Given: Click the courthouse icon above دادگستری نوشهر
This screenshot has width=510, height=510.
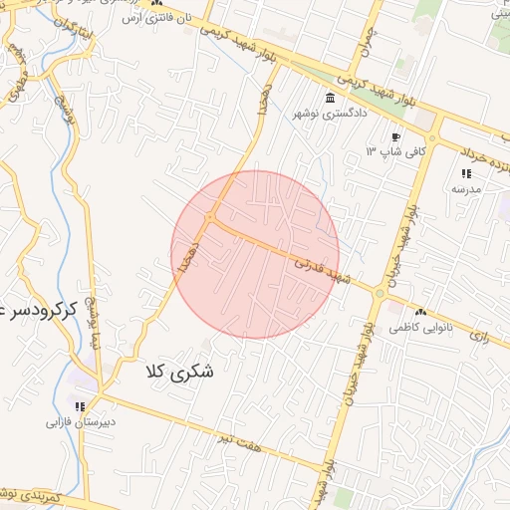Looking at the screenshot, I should pyautogui.click(x=330, y=97).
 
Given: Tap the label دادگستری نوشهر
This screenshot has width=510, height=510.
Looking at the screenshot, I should pyautogui.click(x=329, y=114).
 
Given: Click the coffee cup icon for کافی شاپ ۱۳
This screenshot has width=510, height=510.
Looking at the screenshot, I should pyautogui.click(x=396, y=136).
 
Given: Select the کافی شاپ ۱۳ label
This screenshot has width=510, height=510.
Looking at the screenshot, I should pyautogui.click(x=395, y=151).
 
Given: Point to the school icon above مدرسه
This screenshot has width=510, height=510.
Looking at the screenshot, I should pyautogui.click(x=466, y=173).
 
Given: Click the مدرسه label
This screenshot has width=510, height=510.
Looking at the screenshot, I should pyautogui.click(x=466, y=188).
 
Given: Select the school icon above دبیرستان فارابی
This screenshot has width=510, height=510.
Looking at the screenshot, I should pyautogui.click(x=79, y=405).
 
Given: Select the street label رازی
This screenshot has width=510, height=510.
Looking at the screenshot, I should pyautogui.click(x=482, y=337).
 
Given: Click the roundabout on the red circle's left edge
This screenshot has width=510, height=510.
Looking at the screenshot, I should pyautogui.click(x=211, y=217).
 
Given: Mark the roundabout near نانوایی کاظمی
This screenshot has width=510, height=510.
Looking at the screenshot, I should pyautogui.click(x=380, y=292).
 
